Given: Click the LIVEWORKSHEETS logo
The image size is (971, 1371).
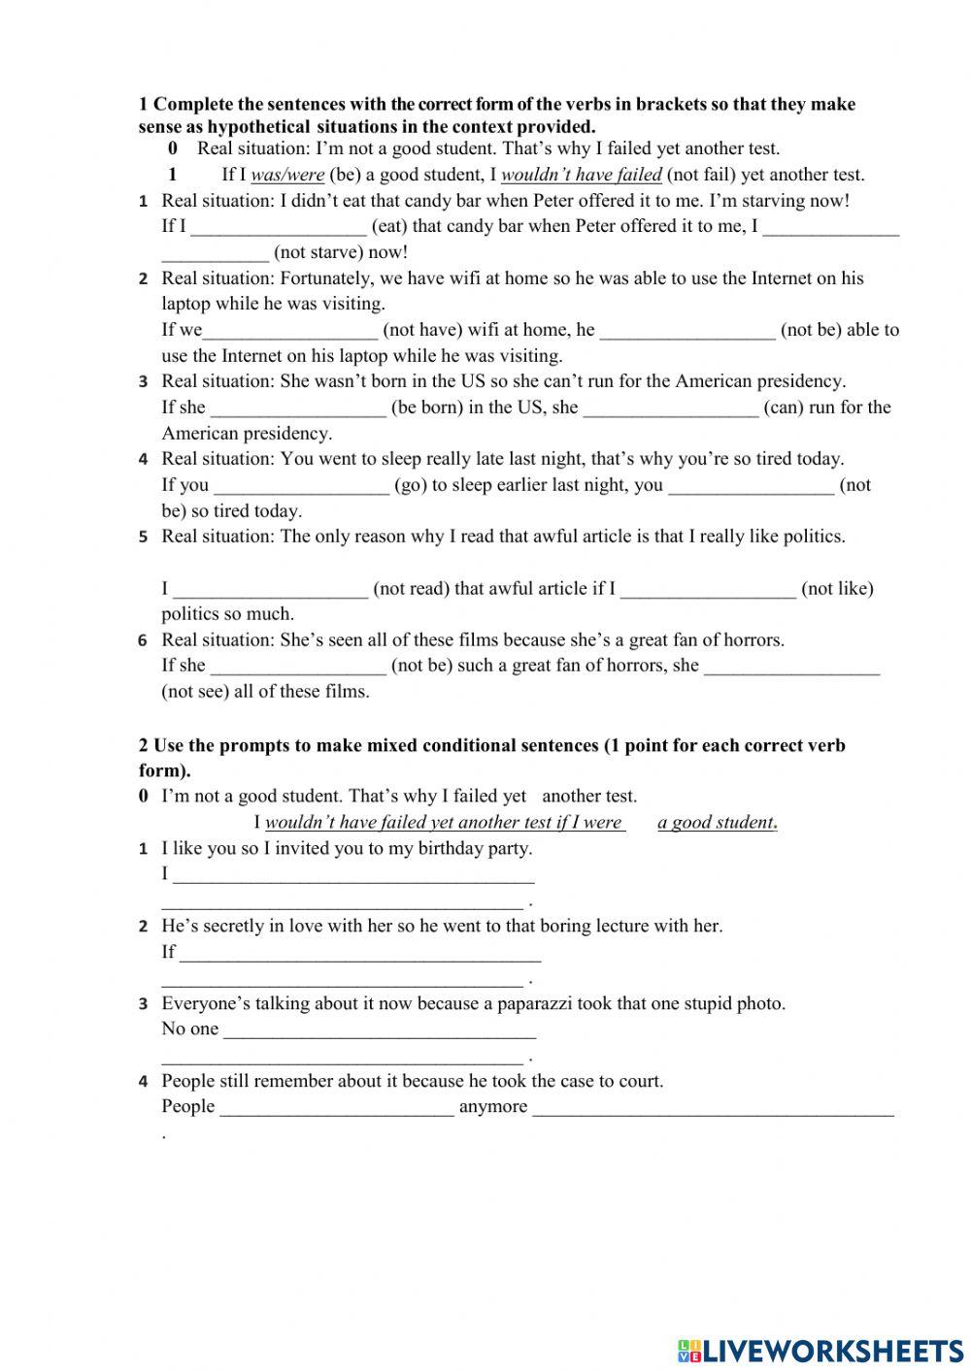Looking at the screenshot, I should [820, 1350].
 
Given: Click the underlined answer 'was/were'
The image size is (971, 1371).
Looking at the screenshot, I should [286, 175].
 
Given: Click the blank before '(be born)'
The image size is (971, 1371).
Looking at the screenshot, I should [298, 408].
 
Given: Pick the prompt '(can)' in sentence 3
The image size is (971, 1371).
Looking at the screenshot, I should [783, 408].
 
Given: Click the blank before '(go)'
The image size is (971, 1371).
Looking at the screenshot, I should [301, 485].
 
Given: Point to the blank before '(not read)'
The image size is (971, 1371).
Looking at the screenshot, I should [270, 588].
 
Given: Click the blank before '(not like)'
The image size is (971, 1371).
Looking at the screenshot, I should [707, 588].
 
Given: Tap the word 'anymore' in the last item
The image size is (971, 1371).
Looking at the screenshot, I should [493, 1106].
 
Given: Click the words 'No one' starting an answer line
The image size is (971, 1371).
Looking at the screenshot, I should [190, 1028].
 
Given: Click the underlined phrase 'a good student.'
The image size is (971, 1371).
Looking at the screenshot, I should [718, 823].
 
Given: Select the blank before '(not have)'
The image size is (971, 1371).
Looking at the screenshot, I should [289, 330].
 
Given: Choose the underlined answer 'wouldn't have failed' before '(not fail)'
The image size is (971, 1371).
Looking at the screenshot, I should [581, 175].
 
